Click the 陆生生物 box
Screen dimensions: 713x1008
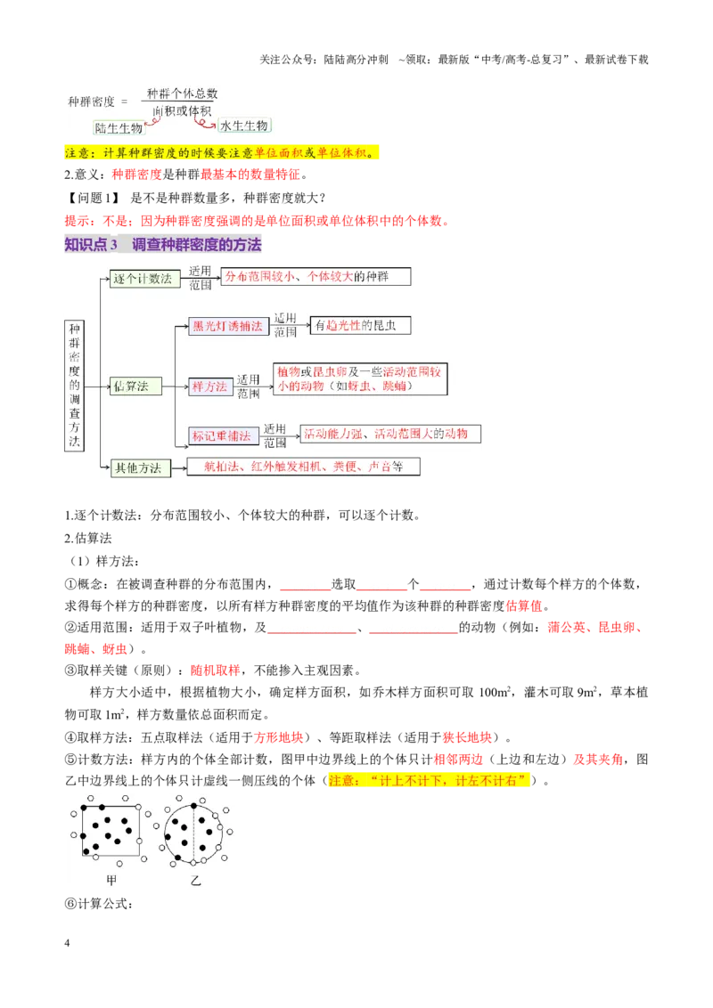(119, 128)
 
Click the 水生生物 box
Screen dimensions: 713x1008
(244, 126)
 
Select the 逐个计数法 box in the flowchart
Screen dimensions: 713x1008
(144, 279)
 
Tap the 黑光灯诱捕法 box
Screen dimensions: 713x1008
(228, 326)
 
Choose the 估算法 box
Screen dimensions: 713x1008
(135, 386)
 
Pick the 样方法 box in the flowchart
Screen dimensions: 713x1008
(209, 386)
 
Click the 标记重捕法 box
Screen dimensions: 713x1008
(223, 435)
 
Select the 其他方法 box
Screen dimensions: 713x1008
(140, 467)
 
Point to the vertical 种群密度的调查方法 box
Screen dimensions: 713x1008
(74, 385)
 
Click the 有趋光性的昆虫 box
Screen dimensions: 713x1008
(360, 325)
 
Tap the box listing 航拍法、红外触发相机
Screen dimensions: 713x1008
(303, 466)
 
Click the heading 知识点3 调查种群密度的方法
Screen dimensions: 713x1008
(163, 244)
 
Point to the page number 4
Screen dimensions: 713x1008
(67, 942)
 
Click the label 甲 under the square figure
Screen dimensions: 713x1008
(111, 880)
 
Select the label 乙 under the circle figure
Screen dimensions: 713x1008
(195, 880)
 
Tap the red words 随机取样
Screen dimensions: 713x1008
(216, 671)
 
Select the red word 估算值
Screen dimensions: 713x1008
(524, 606)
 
